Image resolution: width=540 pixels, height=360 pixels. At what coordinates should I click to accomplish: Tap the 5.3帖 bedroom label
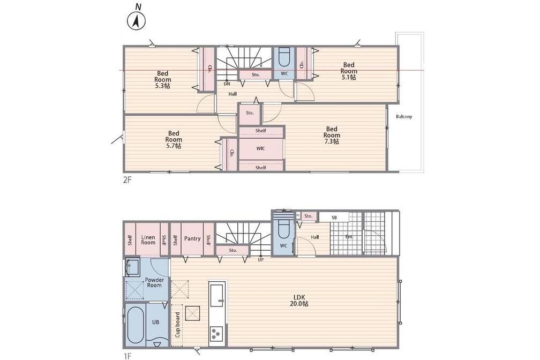[162, 80]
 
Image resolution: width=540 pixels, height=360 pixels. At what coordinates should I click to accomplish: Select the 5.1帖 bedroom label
[349, 71]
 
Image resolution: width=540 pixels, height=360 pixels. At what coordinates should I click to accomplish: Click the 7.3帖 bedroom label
[332, 135]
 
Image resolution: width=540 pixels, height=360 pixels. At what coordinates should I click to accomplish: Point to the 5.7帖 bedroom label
[174, 139]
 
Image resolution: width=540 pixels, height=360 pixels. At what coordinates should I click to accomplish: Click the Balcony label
[403, 116]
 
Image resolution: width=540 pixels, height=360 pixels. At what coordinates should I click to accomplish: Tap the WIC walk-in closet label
[261, 148]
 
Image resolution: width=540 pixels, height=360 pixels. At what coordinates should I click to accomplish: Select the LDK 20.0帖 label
[299, 301]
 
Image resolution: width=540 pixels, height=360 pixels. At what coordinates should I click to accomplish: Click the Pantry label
[192, 238]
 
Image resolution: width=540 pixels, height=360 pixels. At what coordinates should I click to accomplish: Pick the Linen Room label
[148, 240]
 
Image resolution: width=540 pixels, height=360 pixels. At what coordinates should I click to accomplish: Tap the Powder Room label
[154, 282]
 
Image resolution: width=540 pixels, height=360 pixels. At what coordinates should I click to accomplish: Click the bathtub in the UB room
[134, 325]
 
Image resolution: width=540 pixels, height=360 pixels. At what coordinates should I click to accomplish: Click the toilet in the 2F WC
[284, 57]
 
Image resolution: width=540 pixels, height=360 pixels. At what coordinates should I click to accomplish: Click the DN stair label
[227, 84]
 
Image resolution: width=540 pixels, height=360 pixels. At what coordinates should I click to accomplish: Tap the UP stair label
[261, 259]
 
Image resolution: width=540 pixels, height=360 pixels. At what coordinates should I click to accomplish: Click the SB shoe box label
[334, 217]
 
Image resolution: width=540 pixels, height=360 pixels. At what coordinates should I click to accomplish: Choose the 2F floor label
[127, 179]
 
